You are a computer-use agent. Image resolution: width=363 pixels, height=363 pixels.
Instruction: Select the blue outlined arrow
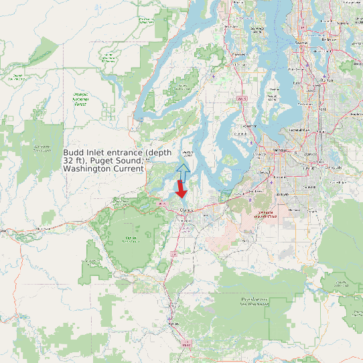click(x=184, y=171)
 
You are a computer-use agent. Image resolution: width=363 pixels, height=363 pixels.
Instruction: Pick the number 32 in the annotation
click(x=68, y=161)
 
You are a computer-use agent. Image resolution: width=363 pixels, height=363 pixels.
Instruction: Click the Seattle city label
click(x=300, y=43)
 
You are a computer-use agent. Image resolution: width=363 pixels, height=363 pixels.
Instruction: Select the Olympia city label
click(x=186, y=210)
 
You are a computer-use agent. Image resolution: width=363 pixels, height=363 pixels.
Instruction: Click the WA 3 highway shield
click(x=242, y=98)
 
